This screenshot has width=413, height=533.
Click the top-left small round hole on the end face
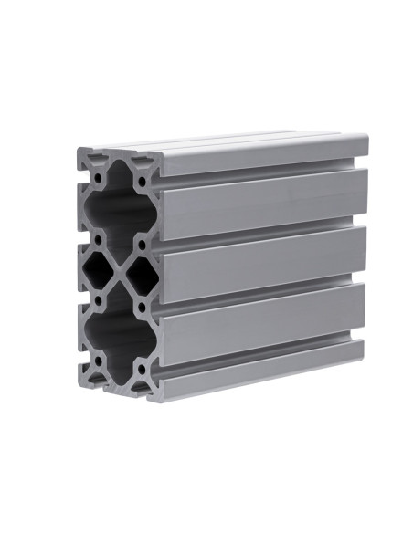pos(99,172)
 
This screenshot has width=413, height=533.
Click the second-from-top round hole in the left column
pos(99,239)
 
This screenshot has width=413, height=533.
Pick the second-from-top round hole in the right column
pos(142,245)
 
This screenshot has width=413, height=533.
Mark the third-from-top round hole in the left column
pos(99,298)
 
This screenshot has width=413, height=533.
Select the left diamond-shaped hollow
pos(99,268)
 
